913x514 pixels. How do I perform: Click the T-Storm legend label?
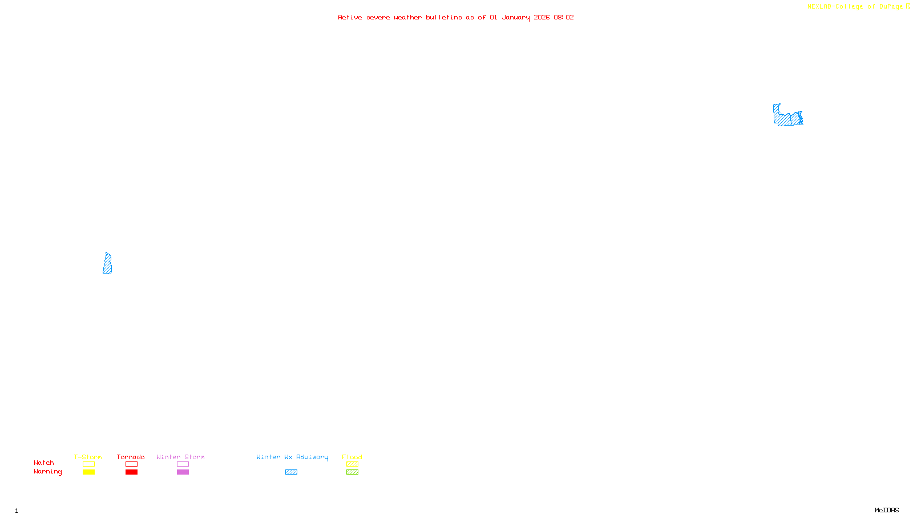tap(88, 457)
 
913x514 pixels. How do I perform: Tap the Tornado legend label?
tap(131, 457)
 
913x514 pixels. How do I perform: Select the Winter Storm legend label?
tap(180, 457)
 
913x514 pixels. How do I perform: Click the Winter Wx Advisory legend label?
tap(292, 457)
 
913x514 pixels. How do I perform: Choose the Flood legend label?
tap(352, 457)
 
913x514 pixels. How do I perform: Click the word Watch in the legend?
tap(44, 463)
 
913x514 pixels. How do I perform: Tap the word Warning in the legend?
tap(47, 472)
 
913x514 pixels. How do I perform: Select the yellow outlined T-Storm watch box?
tap(88, 464)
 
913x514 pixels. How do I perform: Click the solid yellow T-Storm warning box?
tap(88, 472)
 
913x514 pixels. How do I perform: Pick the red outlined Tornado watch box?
tap(131, 464)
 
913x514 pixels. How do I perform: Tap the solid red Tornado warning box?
tap(131, 472)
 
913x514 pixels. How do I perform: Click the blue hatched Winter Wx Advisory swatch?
tap(291, 472)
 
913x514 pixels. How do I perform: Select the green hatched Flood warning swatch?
tap(352, 472)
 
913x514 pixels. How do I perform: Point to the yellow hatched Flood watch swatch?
tap(352, 464)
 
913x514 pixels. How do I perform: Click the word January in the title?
tap(516, 17)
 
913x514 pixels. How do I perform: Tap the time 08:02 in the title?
tap(564, 17)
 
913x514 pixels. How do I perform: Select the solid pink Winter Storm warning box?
tap(183, 472)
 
